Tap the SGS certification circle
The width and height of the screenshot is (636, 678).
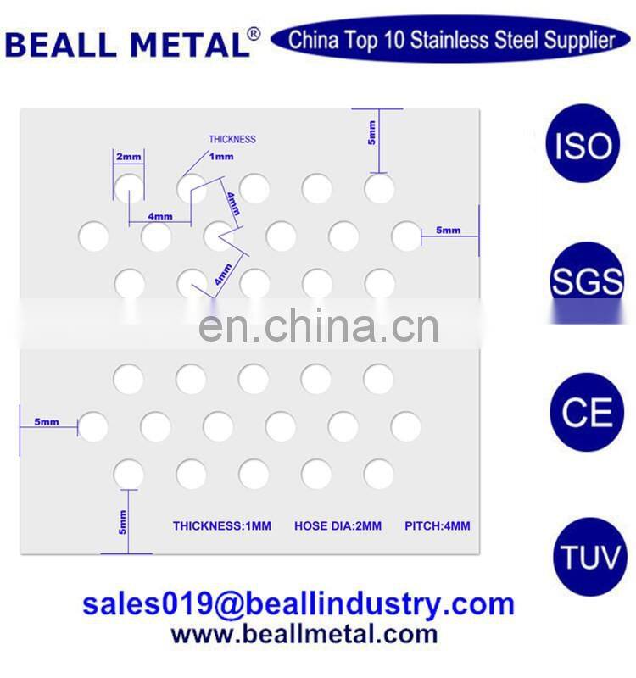(586, 280)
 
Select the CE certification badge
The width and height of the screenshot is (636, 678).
(586, 413)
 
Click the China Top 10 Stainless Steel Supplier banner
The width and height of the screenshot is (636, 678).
(451, 40)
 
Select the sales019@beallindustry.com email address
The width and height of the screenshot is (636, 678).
(298, 604)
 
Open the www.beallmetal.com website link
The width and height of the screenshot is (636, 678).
(304, 633)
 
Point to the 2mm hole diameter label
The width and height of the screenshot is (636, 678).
(129, 158)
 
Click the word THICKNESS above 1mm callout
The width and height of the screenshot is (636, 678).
(232, 139)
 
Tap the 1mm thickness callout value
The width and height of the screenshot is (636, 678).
(220, 157)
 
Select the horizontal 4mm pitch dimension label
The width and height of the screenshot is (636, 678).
(159, 217)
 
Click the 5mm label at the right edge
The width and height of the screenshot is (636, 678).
(448, 231)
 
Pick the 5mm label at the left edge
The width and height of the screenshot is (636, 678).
(47, 421)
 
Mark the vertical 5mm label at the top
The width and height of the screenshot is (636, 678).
(371, 133)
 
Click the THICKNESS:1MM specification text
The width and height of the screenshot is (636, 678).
(222, 526)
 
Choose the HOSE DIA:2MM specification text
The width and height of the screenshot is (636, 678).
(338, 526)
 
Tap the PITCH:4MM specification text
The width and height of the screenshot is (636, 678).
(437, 526)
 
